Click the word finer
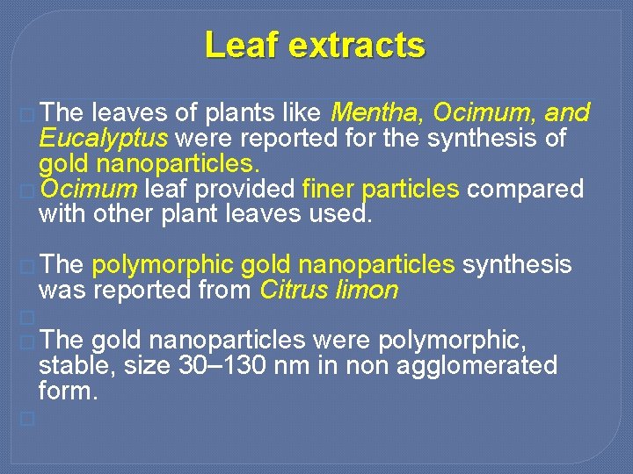pos(327,189)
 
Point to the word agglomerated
pos(477,365)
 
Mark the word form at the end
pos(67,391)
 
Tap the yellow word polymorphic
pos(163,265)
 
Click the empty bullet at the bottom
pos(27,419)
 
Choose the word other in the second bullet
pos(120,214)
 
